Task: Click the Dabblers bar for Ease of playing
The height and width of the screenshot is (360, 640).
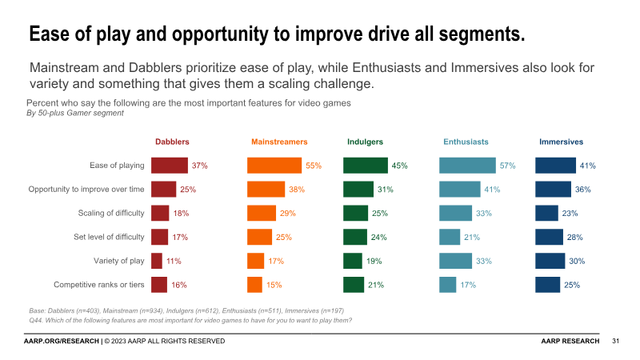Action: pos(170,166)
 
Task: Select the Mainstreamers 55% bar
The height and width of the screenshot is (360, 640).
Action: pos(274,166)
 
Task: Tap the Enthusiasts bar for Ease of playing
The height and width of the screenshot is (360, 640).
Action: pos(467,166)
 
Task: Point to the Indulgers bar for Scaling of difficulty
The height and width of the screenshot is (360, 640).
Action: pos(355,213)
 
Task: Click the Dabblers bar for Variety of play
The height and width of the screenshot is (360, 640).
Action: pos(157,261)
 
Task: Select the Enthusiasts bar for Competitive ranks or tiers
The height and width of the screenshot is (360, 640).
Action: pos(448,285)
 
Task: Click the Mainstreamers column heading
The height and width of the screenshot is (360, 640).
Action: pos(279,142)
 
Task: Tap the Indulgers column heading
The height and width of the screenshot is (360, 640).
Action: pos(365,142)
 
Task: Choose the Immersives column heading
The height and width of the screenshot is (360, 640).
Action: pos(561,142)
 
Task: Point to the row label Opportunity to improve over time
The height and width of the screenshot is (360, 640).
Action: pos(86,190)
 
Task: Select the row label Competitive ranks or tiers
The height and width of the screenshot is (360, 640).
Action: pos(98,285)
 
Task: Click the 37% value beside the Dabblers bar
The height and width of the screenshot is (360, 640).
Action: pos(199,166)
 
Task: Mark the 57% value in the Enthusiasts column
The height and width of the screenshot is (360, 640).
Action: pos(507,166)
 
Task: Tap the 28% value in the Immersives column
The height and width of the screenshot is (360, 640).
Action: pos(574,237)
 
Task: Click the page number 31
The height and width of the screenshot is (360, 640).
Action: pos(616,342)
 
